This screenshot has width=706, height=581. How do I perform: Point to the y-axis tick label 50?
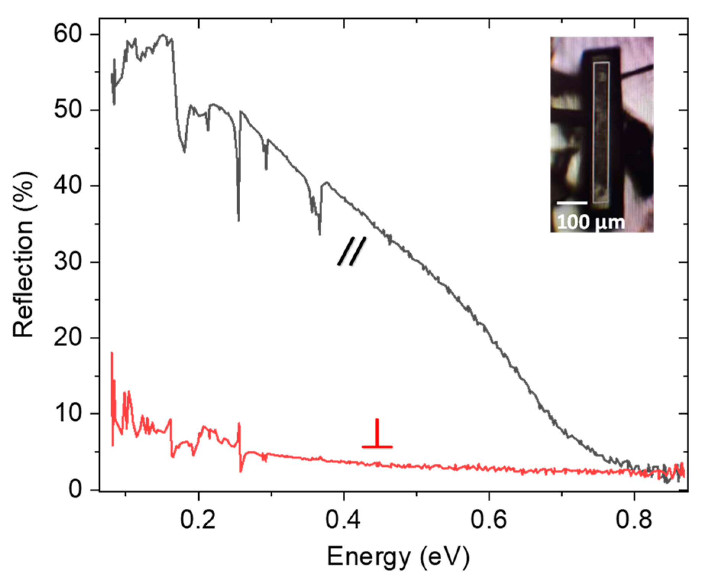[68, 110]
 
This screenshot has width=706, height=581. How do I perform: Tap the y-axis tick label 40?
[68, 186]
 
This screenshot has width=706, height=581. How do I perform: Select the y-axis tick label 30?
[68, 262]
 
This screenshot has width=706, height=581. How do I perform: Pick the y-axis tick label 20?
[68, 338]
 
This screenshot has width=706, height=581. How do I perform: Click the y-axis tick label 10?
[68, 413]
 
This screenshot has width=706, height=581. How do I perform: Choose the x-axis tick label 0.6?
[489, 520]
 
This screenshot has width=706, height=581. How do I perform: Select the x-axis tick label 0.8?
[634, 520]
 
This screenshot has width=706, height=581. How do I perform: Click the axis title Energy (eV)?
[398, 557]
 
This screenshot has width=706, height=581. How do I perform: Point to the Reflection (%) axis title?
[24, 254]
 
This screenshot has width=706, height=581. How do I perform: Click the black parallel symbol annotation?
[352, 251]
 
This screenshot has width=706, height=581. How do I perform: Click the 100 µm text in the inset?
[590, 222]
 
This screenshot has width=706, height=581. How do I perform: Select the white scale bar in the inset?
[572, 203]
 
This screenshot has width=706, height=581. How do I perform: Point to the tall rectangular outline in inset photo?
[601, 132]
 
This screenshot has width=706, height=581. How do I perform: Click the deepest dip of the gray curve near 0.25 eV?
[239, 219]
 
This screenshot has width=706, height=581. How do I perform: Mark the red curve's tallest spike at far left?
[112, 354]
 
